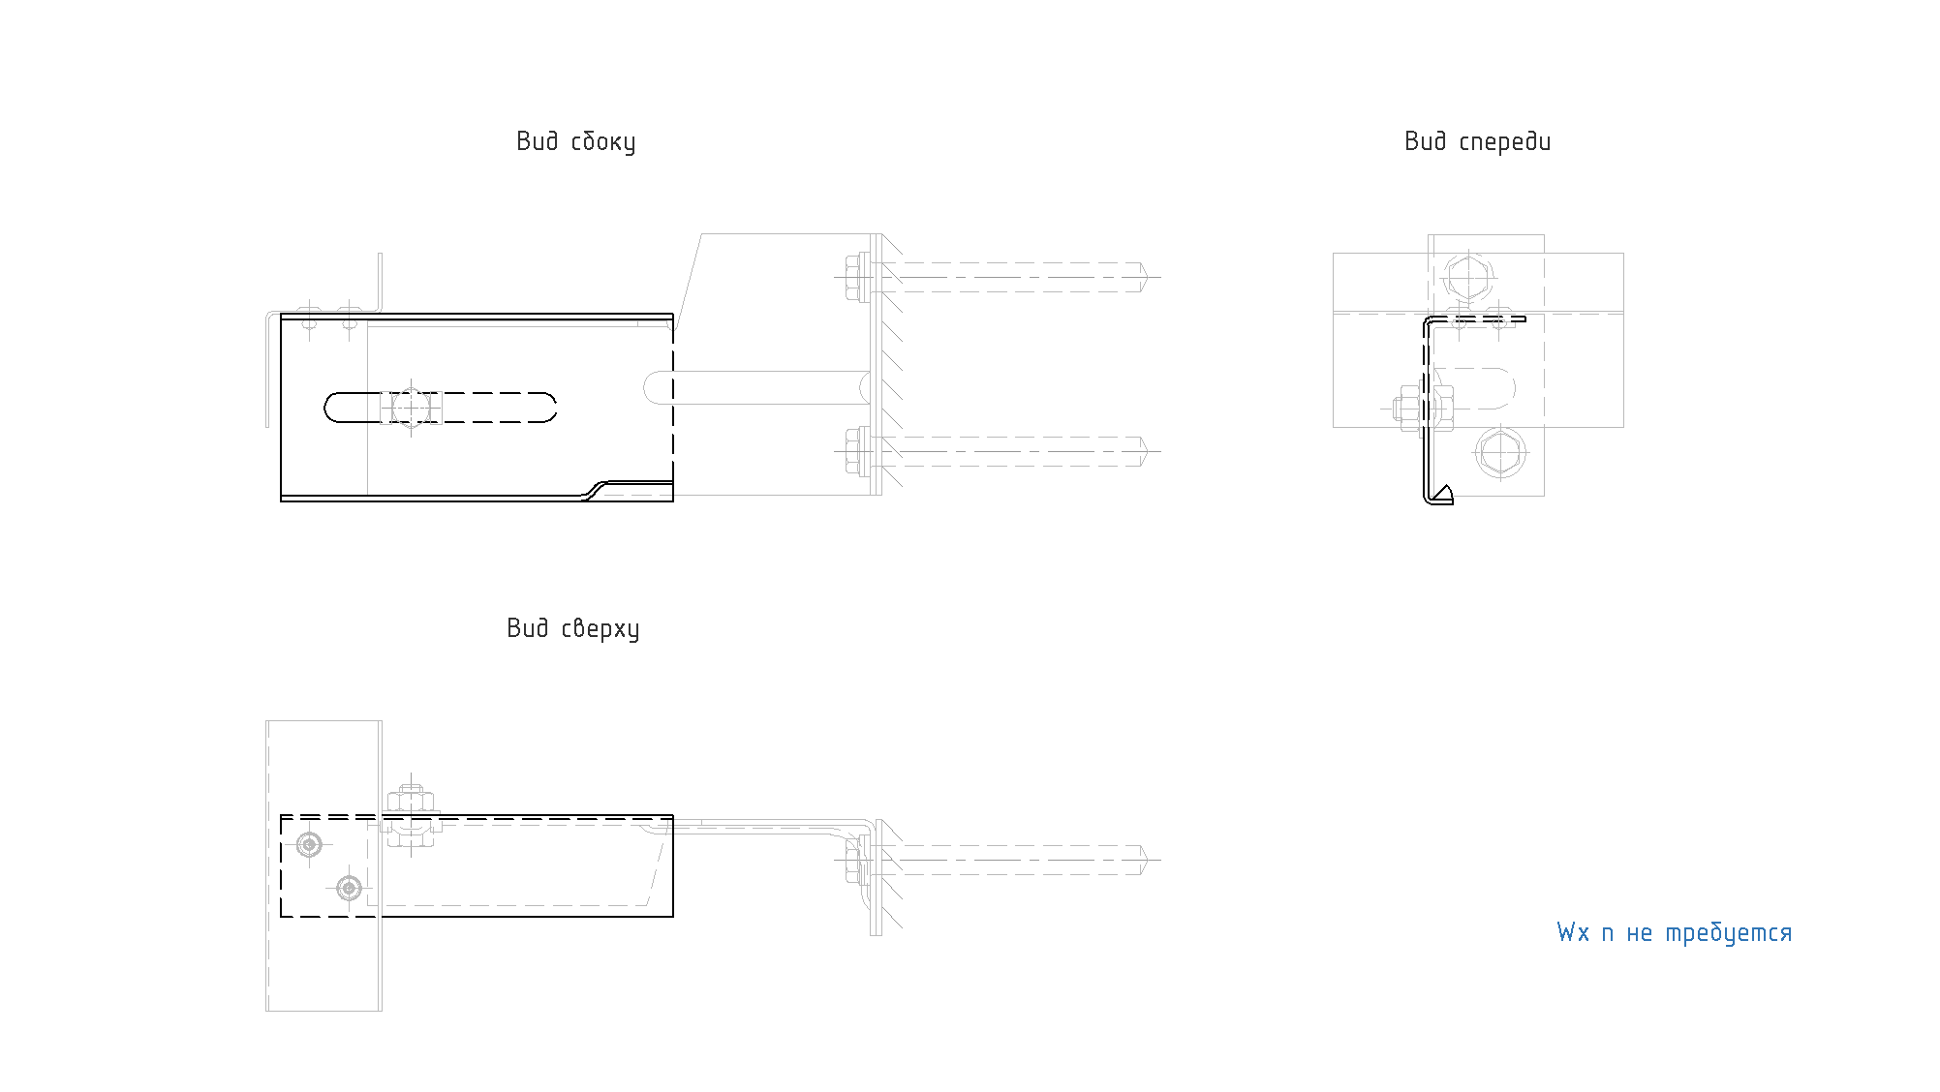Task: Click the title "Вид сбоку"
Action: [x=575, y=141]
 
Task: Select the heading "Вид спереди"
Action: [x=1477, y=141]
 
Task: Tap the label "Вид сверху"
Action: [x=572, y=628]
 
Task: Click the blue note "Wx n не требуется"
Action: [x=1674, y=932]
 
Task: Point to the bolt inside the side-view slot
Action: [x=412, y=408]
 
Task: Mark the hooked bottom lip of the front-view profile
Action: [x=1441, y=496]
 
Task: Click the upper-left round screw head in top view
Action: [x=309, y=845]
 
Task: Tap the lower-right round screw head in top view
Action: [x=349, y=887]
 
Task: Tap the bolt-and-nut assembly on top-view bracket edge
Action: [x=412, y=816]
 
